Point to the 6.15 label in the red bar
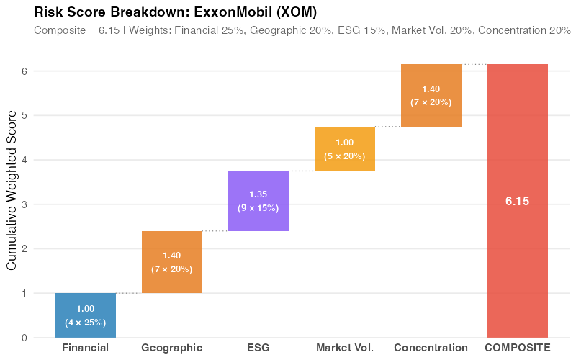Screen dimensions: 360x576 tap(517, 202)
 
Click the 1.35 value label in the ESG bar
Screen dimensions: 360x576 tap(258, 194)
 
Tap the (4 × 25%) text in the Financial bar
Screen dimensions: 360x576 tap(85, 323)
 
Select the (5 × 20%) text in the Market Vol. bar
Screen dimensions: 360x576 tap(344, 156)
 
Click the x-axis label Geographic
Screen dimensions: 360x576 tap(171, 348)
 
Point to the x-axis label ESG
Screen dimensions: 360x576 tap(258, 348)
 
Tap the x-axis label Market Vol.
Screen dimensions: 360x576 tap(344, 348)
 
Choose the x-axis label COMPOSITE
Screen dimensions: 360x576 tap(517, 348)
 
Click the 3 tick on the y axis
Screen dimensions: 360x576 tap(24, 204)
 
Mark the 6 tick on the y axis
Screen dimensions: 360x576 tap(24, 71)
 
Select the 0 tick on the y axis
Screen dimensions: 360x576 tap(24, 338)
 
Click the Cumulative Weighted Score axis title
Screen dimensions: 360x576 tap(11, 191)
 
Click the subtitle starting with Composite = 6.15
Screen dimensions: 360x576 tap(302, 30)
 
